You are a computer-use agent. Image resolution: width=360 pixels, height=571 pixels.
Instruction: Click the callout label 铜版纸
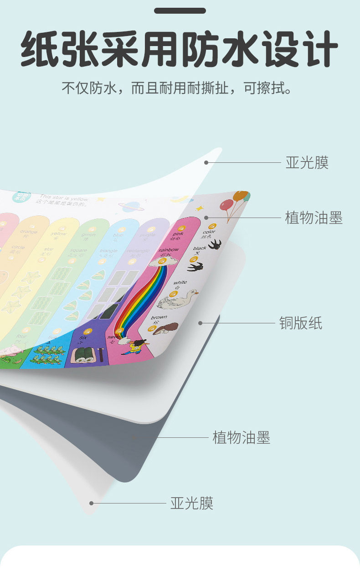coord(300,323)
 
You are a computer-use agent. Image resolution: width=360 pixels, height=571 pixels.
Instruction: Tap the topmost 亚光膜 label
coord(307,162)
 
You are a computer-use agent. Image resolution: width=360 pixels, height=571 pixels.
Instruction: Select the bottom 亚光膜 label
coord(192,504)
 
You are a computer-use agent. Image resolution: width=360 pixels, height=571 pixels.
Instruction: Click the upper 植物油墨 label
coord(314,218)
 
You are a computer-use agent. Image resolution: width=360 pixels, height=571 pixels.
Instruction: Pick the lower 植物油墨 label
coord(241,438)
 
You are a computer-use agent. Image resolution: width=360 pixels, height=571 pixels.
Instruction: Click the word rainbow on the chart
coord(169,250)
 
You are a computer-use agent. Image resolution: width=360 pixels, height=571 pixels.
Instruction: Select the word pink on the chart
coord(177,234)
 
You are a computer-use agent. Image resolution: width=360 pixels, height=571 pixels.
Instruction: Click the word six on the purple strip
coord(83,337)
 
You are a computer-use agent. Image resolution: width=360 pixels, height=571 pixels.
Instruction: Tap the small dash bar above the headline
coord(180,10)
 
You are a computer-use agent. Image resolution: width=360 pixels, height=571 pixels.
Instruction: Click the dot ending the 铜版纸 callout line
coord(200,323)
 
